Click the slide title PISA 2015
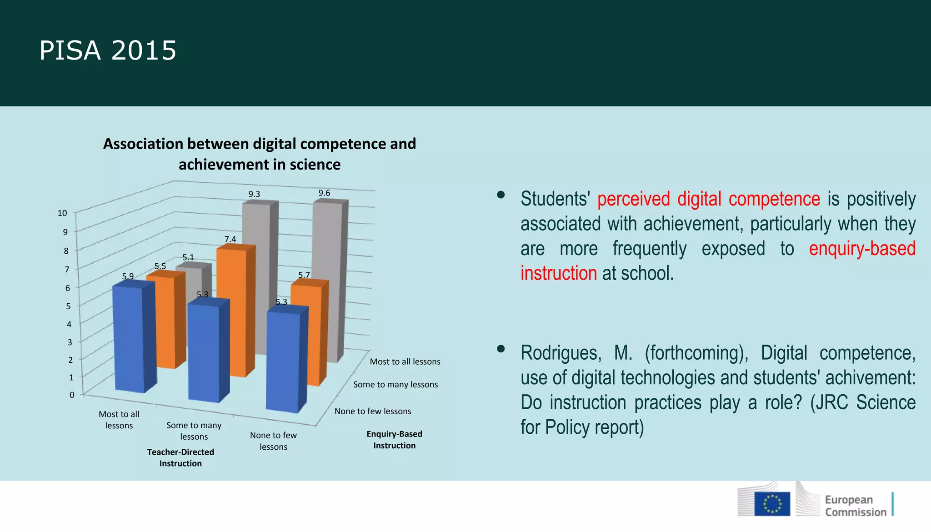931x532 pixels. [108, 50]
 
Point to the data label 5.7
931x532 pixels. [304, 275]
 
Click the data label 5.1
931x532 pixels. [188, 257]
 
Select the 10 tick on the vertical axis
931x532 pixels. [62, 213]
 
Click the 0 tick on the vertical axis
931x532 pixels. [72, 395]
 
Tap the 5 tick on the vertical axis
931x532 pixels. [69, 306]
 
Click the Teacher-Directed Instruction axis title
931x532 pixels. [180, 457]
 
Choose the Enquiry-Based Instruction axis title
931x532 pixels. [394, 440]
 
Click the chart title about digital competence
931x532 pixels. [260, 154]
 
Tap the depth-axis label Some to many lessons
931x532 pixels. [395, 384]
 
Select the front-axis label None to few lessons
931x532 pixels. [273, 441]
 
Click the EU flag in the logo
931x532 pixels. [772, 504]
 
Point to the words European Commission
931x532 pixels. [855, 506]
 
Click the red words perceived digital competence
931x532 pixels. [708, 199]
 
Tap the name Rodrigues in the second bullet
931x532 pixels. [561, 353]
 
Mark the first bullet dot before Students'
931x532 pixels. [501, 195]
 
